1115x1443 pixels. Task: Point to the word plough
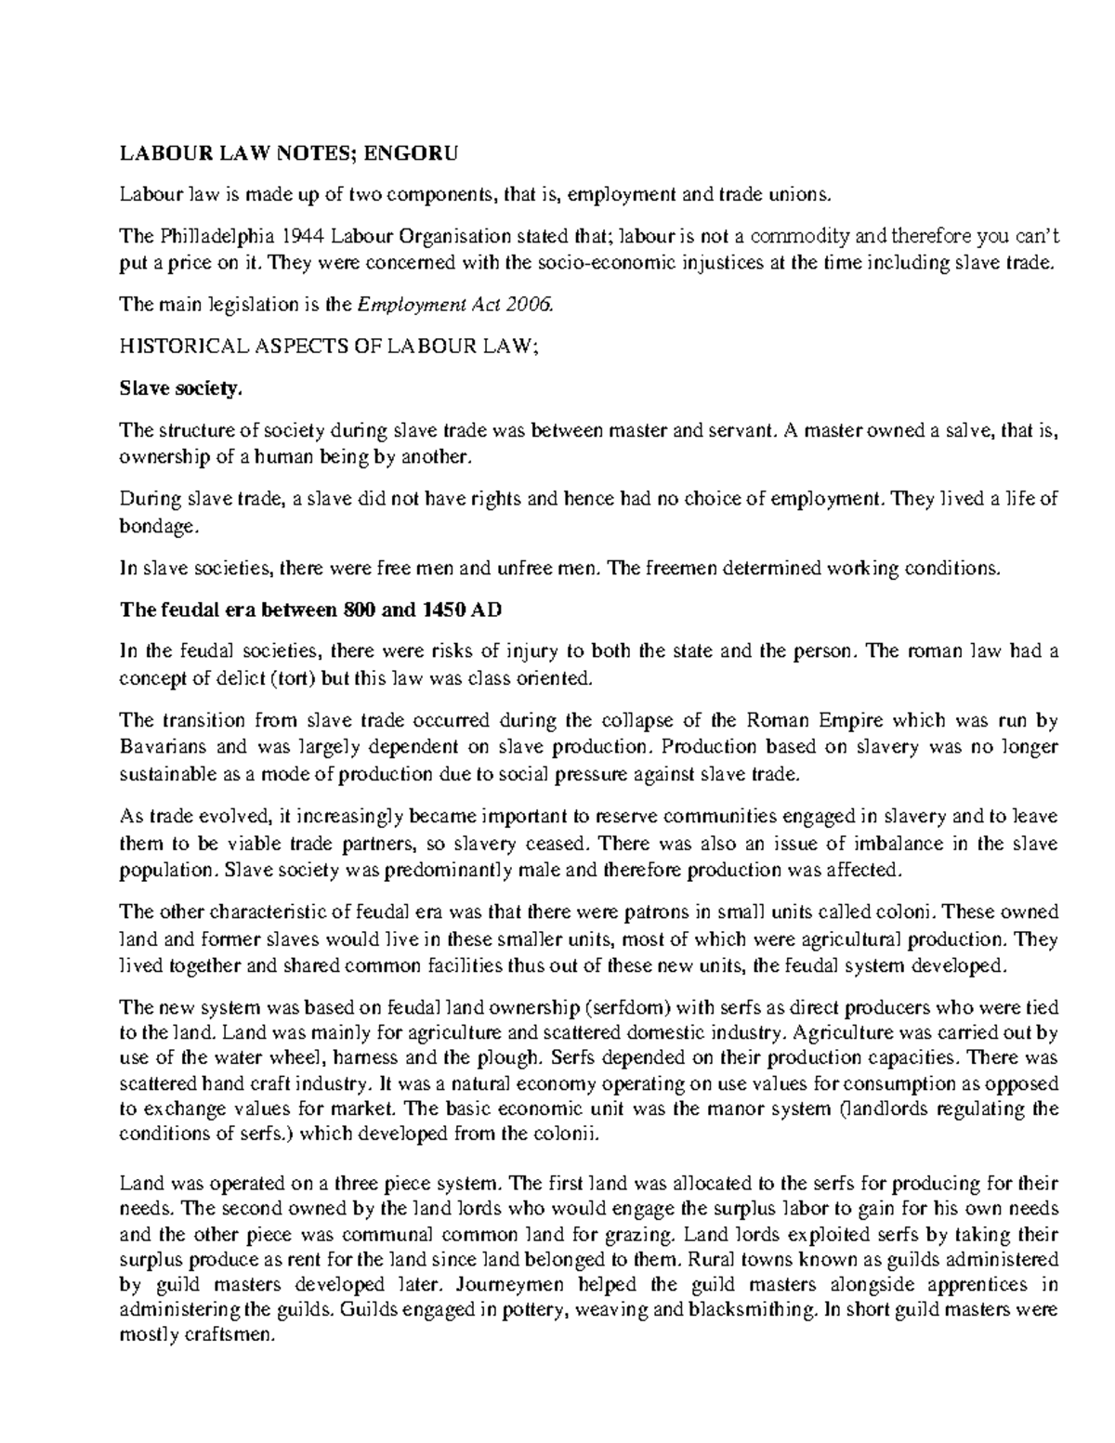click(x=513, y=1057)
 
